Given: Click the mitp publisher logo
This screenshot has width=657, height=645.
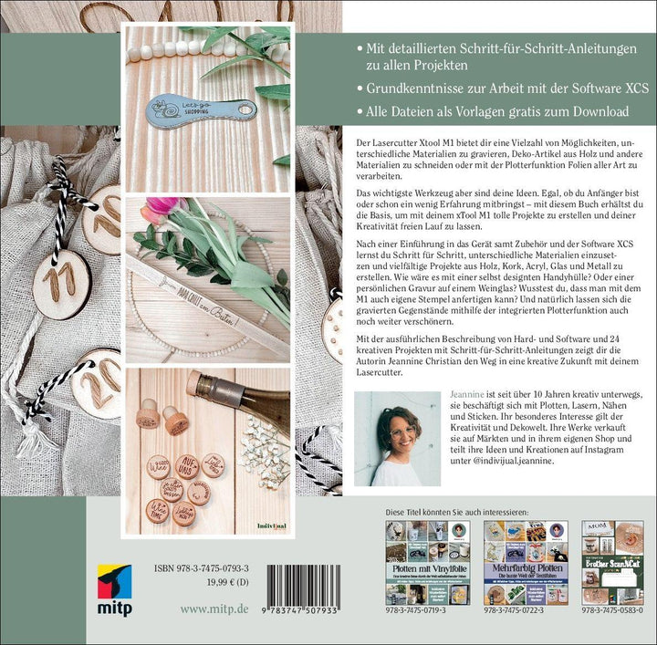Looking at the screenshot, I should [114, 584].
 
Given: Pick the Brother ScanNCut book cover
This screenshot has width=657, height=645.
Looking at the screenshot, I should [612, 562].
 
